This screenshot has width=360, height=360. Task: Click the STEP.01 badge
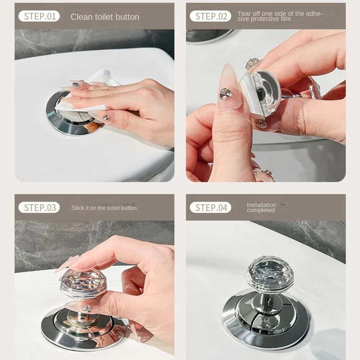pyautogui.click(x=39, y=16)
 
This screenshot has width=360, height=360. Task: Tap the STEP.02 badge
pyautogui.click(x=211, y=16)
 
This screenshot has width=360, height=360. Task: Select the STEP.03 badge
pyautogui.click(x=39, y=207)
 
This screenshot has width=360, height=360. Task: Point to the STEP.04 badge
pyautogui.click(x=211, y=207)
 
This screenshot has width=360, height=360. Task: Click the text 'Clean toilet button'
pyautogui.click(x=105, y=17)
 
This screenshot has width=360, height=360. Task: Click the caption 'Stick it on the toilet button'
pyautogui.click(x=104, y=208)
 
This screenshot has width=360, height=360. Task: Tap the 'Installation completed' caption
pyautogui.click(x=261, y=207)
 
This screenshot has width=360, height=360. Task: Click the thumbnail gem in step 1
pyautogui.click(x=106, y=118)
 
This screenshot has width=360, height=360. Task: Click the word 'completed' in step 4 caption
pyautogui.click(x=261, y=210)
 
